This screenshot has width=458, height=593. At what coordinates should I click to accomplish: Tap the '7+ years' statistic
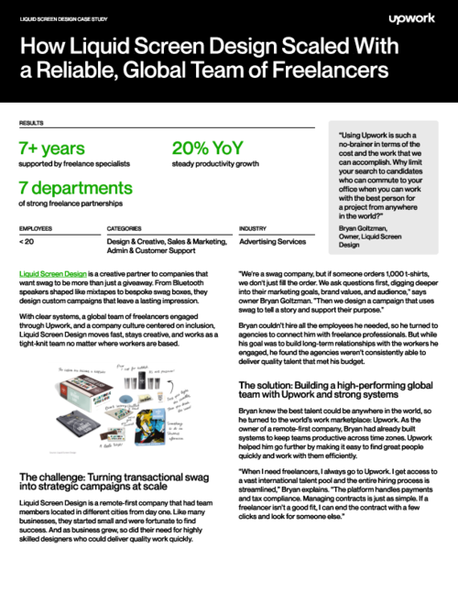coord(52,148)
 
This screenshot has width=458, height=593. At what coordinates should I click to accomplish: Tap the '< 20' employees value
coord(27,242)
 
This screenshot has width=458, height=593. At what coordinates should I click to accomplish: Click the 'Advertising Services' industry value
coord(273,242)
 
